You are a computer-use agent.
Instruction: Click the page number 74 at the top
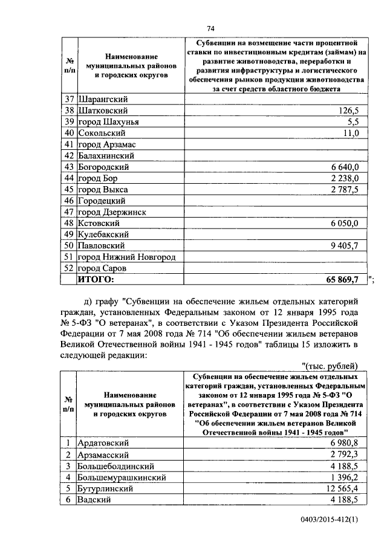pyautogui.click(x=210, y=28)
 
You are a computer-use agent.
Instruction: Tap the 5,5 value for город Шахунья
pyautogui.click(x=353, y=122)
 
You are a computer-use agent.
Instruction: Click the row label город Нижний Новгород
pyautogui.click(x=126, y=257)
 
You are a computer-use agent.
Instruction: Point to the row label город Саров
pyautogui.click(x=102, y=268)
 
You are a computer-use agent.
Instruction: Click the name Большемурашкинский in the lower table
pyautogui.click(x=120, y=477)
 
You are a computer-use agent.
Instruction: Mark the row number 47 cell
pyautogui.click(x=68, y=212)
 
